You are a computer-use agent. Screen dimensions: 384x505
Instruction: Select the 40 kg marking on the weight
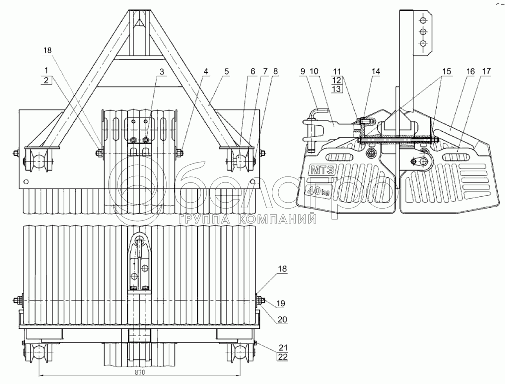click(x=318, y=192)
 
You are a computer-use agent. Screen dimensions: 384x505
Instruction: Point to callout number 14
click(x=376, y=71)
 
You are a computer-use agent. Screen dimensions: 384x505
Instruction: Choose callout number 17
click(x=486, y=71)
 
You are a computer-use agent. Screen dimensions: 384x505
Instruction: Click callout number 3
click(x=162, y=71)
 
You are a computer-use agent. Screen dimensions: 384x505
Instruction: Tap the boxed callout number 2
click(x=46, y=80)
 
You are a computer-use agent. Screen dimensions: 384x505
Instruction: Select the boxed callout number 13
click(x=336, y=89)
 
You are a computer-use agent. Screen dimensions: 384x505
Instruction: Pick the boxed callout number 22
click(x=283, y=357)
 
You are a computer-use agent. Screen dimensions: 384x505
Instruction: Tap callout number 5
click(x=226, y=71)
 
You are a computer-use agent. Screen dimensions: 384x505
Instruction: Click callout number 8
click(x=276, y=71)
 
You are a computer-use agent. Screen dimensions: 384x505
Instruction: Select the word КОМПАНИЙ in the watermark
click(x=277, y=219)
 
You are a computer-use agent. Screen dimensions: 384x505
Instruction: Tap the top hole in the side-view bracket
click(x=423, y=20)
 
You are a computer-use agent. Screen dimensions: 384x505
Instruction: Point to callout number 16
click(x=470, y=71)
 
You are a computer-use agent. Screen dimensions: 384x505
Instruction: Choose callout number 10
click(x=314, y=71)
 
